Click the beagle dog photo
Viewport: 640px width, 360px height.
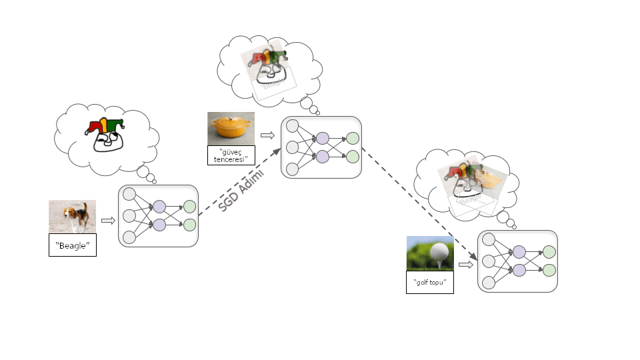(72, 217)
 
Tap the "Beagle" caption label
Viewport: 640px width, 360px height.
(72, 245)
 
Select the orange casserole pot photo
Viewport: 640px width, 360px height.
(231, 128)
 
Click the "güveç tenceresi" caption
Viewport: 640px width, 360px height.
(231, 155)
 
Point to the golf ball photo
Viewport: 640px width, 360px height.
(430, 253)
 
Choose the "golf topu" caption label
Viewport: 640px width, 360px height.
(430, 282)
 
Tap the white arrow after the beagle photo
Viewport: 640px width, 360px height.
(108, 219)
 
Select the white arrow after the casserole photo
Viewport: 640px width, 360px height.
(267, 135)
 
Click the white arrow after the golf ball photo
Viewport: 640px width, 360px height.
(466, 265)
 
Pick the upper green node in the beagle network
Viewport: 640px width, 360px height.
(189, 207)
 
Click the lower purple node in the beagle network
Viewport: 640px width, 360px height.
(159, 225)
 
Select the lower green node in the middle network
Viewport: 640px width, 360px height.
(352, 157)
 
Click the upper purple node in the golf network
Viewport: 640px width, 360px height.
(519, 252)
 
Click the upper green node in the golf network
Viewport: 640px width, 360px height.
(549, 252)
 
